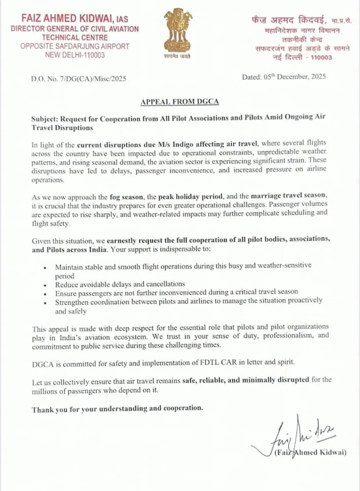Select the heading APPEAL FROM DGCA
click(x=180, y=102)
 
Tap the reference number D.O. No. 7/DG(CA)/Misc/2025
click(x=79, y=79)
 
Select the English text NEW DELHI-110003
click(x=75, y=55)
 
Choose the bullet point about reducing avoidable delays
click(x=120, y=284)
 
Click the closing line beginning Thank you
click(x=117, y=409)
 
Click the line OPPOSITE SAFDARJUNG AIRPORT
click(x=75, y=46)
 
